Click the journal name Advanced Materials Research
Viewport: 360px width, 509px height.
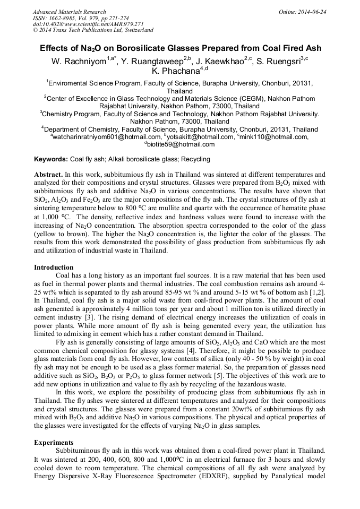pyautogui.click(x=69, y=12)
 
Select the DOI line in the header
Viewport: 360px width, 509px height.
pyautogui.click(x=88, y=24)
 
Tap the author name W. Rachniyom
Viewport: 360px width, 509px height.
pyautogui.click(x=78, y=62)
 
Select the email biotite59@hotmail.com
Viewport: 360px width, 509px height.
pyautogui.click(x=181, y=144)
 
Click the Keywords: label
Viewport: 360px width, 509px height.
pyautogui.click(x=51, y=159)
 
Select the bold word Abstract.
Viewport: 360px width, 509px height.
pyautogui.click(x=48, y=174)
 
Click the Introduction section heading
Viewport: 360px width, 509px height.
pyautogui.click(x=54, y=267)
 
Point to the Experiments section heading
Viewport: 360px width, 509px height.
pyautogui.click(x=54, y=442)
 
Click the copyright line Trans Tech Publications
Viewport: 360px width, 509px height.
pyautogui.click(x=93, y=30)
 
